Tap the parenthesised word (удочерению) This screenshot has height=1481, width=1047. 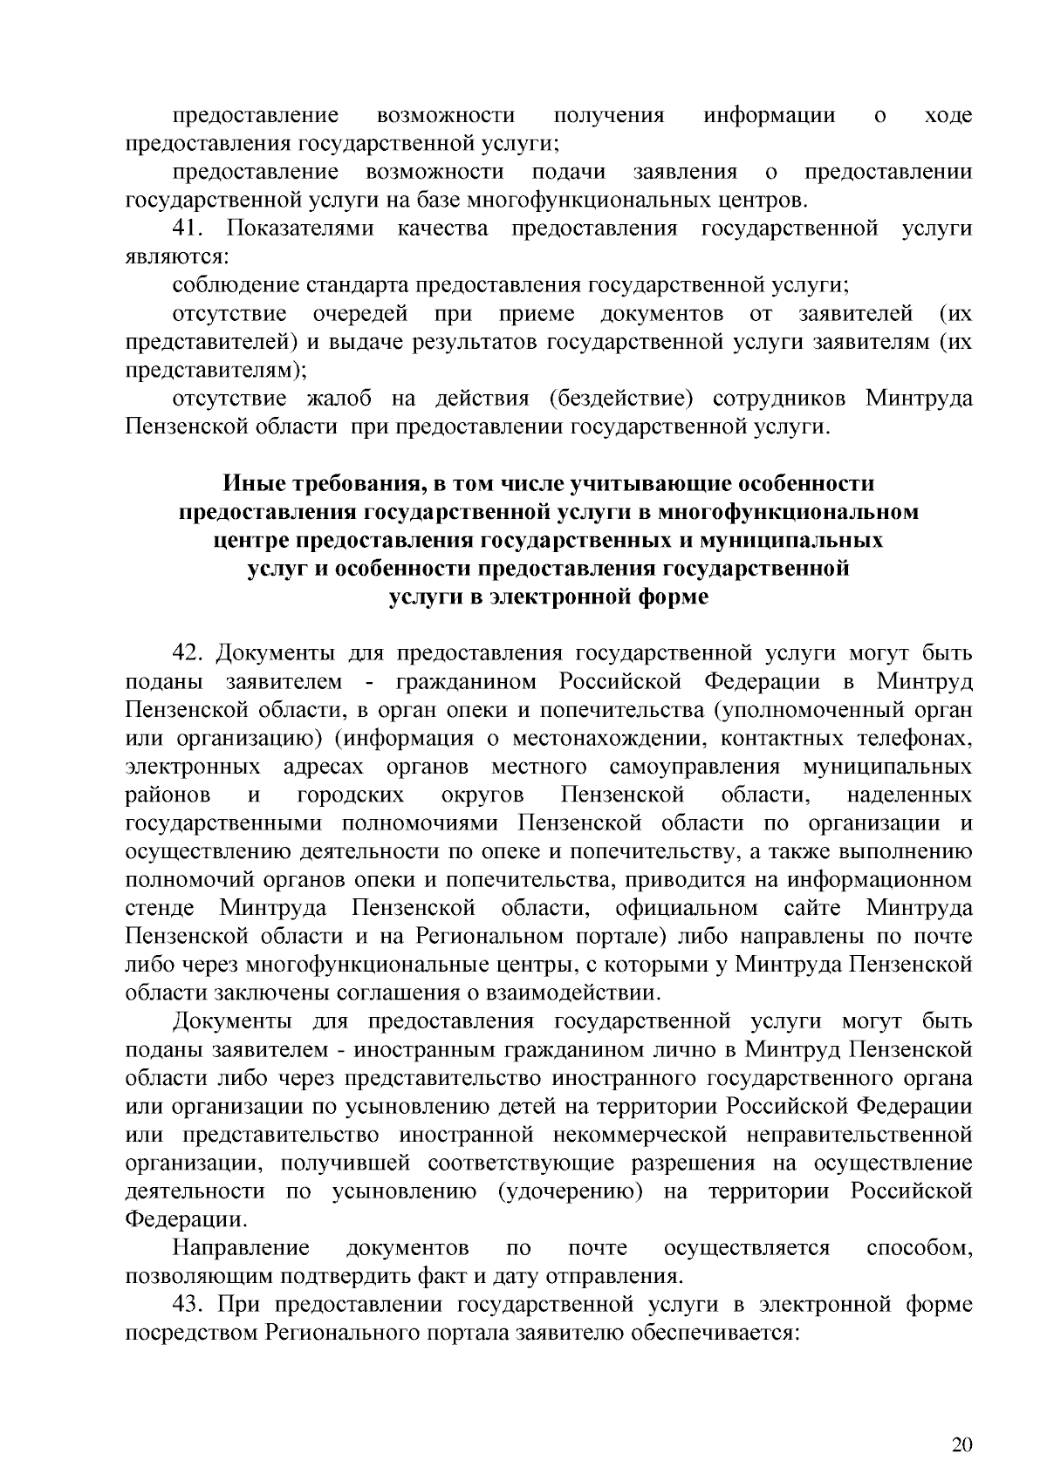[x=570, y=1191]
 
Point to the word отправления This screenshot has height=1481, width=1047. [x=612, y=1277]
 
